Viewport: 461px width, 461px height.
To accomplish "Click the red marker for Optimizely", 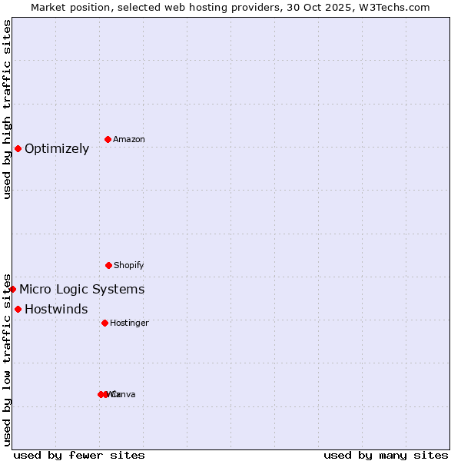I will coord(18,148).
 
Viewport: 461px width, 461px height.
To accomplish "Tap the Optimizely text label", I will coord(57,149).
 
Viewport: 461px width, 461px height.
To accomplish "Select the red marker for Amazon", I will coord(108,139).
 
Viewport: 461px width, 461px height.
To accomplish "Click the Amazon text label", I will coord(129,140).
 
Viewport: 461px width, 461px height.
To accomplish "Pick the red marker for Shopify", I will coord(108,265).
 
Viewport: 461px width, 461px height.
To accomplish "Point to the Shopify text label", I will coord(129,266).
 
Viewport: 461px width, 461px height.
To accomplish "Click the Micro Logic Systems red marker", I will coord(12,289).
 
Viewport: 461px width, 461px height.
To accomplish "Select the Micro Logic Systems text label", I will coord(81,290).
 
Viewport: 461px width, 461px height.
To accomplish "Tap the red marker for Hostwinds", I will coord(18,309).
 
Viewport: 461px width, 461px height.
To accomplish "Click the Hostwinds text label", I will coord(56,310).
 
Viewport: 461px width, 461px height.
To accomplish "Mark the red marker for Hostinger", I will coord(104,323).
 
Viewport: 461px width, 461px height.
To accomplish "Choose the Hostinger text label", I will coord(129,323).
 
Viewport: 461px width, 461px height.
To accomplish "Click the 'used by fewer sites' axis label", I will coord(79,455).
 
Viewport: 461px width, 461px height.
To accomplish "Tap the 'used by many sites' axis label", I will coord(386,455).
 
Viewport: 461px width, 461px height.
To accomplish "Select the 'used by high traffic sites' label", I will coord(7,109).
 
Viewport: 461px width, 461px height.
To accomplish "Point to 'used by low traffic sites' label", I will coord(7,359).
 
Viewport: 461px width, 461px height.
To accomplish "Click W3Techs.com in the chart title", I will coord(397,7).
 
